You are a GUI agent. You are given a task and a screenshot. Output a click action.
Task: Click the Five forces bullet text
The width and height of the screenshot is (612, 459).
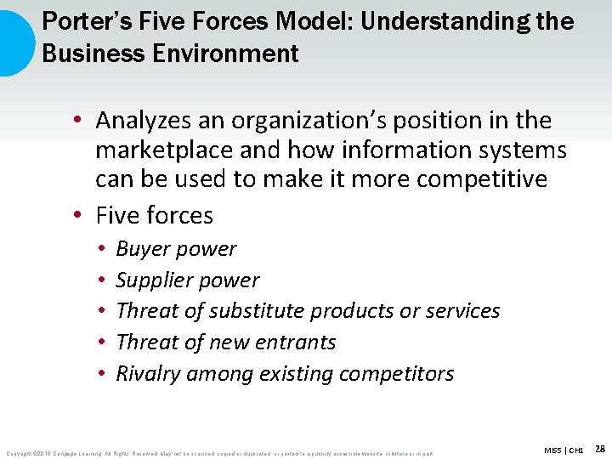155,215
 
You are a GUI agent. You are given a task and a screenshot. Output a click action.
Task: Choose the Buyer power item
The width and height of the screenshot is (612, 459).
176,249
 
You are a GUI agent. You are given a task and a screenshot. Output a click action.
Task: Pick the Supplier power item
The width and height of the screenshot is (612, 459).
187,280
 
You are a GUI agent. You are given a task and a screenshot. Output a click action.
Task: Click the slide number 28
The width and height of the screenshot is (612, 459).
600,448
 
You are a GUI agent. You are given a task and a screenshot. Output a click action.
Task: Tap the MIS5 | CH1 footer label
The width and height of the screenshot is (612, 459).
564,449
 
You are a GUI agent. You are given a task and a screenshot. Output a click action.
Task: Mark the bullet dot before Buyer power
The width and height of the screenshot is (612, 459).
100,250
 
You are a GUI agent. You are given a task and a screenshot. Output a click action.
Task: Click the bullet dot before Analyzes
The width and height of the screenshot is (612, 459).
77,122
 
